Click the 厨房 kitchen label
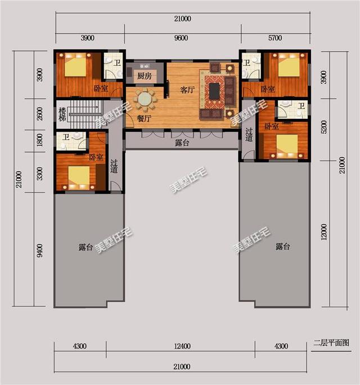[x=145, y=77]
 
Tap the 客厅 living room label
[x=187, y=89]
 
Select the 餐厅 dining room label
[x=144, y=118]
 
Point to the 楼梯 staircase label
[x=62, y=114]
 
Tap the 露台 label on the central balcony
[x=182, y=144]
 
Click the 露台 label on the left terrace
[x=85, y=247]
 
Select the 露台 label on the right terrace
[x=282, y=247]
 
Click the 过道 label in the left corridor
[x=114, y=166]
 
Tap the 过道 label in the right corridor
[x=249, y=135]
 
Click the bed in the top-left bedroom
[x=75, y=67]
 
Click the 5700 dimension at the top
[x=275, y=38]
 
